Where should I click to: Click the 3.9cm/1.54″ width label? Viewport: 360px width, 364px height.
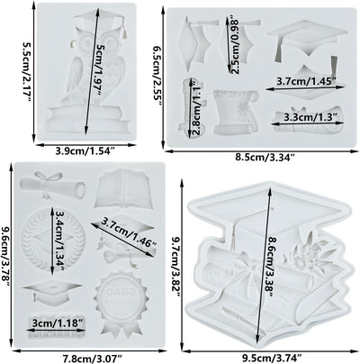pos(85,151)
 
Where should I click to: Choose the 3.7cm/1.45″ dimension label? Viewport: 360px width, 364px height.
pos(306,81)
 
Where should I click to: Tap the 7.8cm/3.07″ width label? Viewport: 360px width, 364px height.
pos(92,358)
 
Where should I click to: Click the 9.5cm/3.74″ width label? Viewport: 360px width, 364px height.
pos(272,358)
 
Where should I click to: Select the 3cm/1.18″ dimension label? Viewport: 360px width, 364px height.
pos(58,323)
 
